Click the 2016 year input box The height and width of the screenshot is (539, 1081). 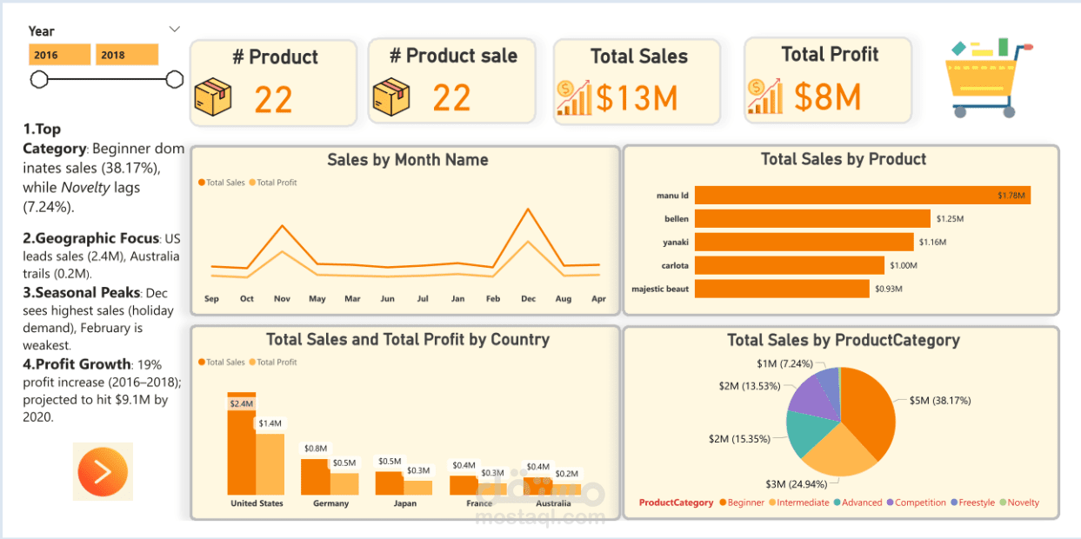tap(59, 55)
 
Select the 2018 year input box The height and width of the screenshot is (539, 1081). tap(126, 55)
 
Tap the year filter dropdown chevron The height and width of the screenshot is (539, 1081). tap(175, 30)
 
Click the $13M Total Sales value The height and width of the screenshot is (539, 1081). tap(636, 98)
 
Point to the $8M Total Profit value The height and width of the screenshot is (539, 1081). tap(827, 97)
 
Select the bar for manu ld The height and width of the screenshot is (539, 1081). tap(861, 196)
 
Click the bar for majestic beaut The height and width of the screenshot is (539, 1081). tap(781, 289)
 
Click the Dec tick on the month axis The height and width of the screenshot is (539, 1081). tap(528, 299)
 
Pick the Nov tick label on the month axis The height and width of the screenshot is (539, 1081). tap(282, 299)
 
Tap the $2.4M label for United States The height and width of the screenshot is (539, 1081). tap(241, 403)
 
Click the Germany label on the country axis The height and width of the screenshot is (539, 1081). tap(330, 503)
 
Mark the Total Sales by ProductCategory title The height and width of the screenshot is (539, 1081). tap(843, 340)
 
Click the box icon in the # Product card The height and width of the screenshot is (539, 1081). tap(212, 97)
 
